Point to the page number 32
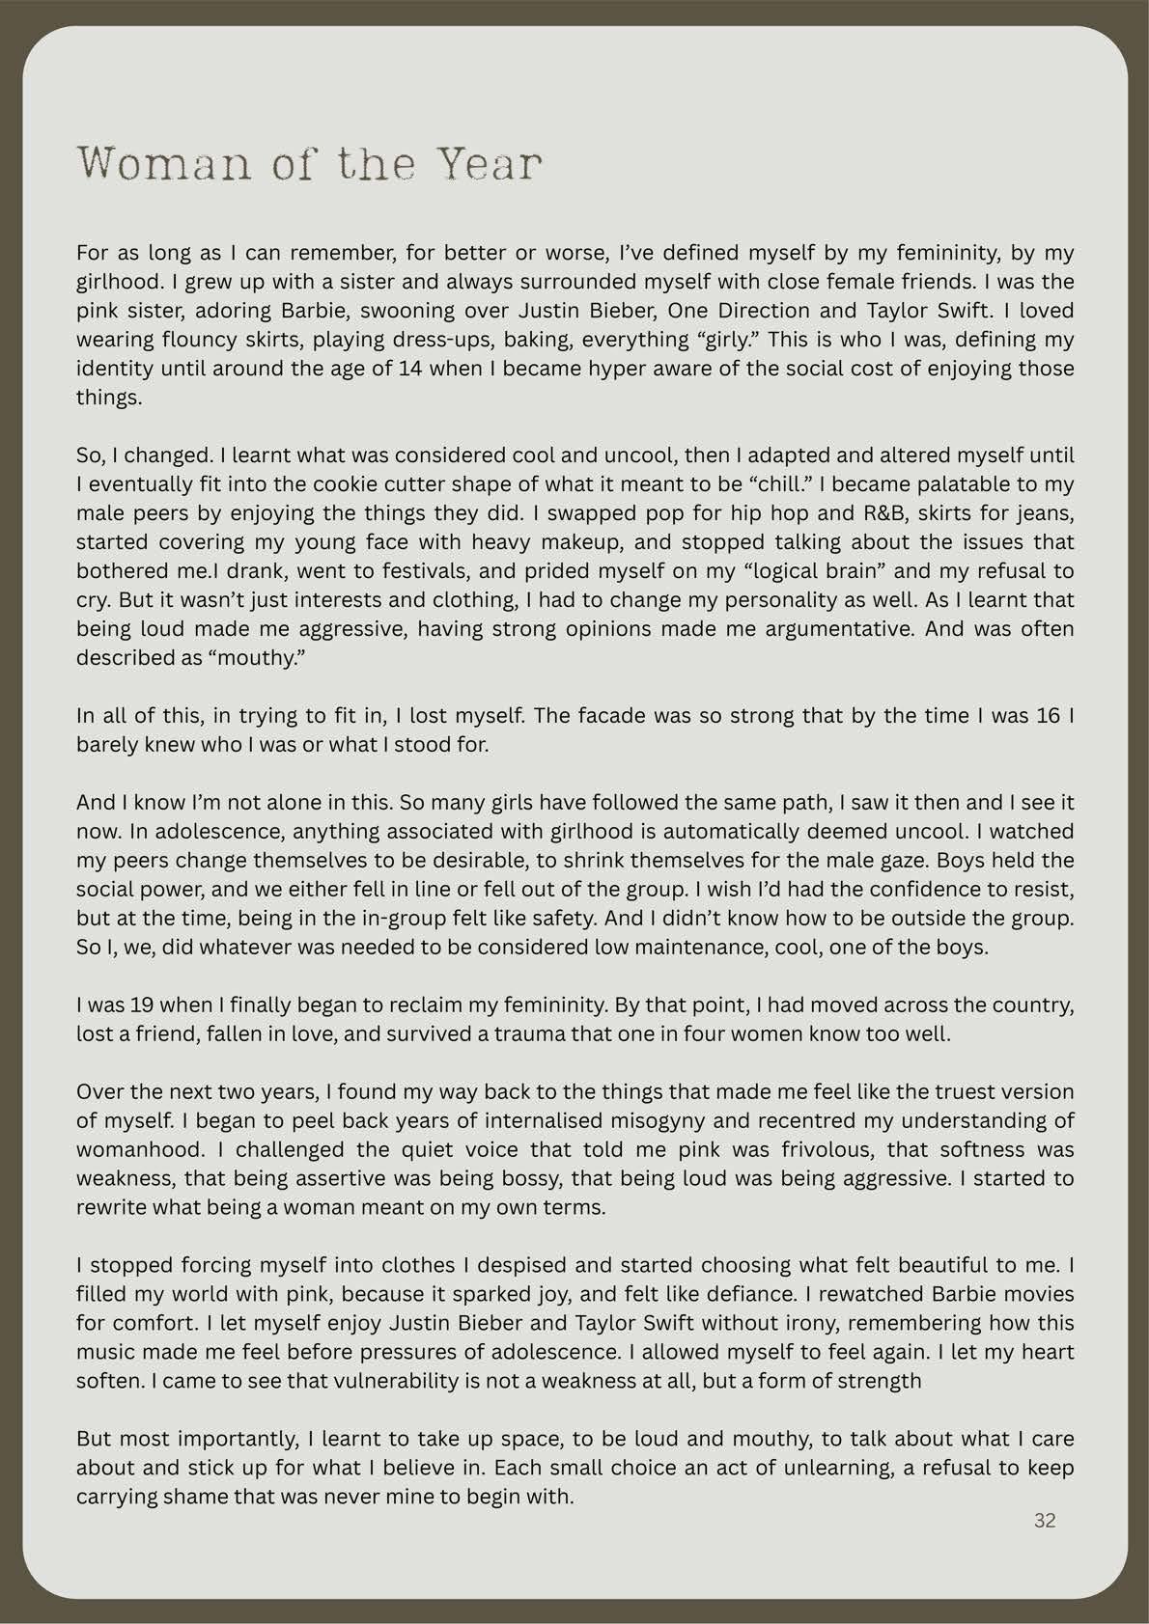(x=1045, y=1521)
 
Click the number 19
(x=136, y=1005)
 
